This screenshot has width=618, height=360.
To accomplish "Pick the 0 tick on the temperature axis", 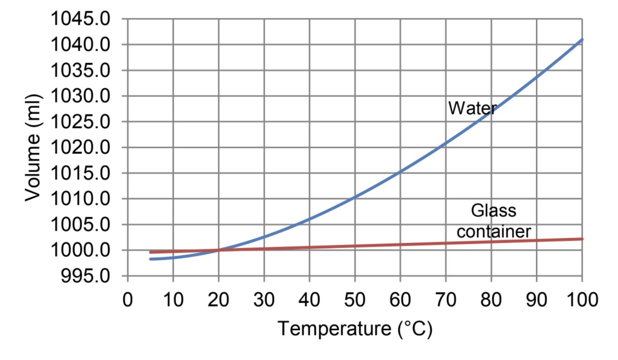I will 128,300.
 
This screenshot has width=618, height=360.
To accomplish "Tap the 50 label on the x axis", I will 355,300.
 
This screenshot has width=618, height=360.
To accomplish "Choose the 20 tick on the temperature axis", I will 218,300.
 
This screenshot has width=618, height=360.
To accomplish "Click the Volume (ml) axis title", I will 33,147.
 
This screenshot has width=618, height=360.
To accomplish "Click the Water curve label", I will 472,108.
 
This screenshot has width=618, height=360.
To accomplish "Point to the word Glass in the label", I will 493,211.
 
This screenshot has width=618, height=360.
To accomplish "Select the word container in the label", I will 493,231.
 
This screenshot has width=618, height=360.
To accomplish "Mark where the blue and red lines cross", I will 218,250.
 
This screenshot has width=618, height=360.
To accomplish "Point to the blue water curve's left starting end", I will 150,259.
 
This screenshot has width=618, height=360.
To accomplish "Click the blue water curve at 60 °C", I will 400,171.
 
